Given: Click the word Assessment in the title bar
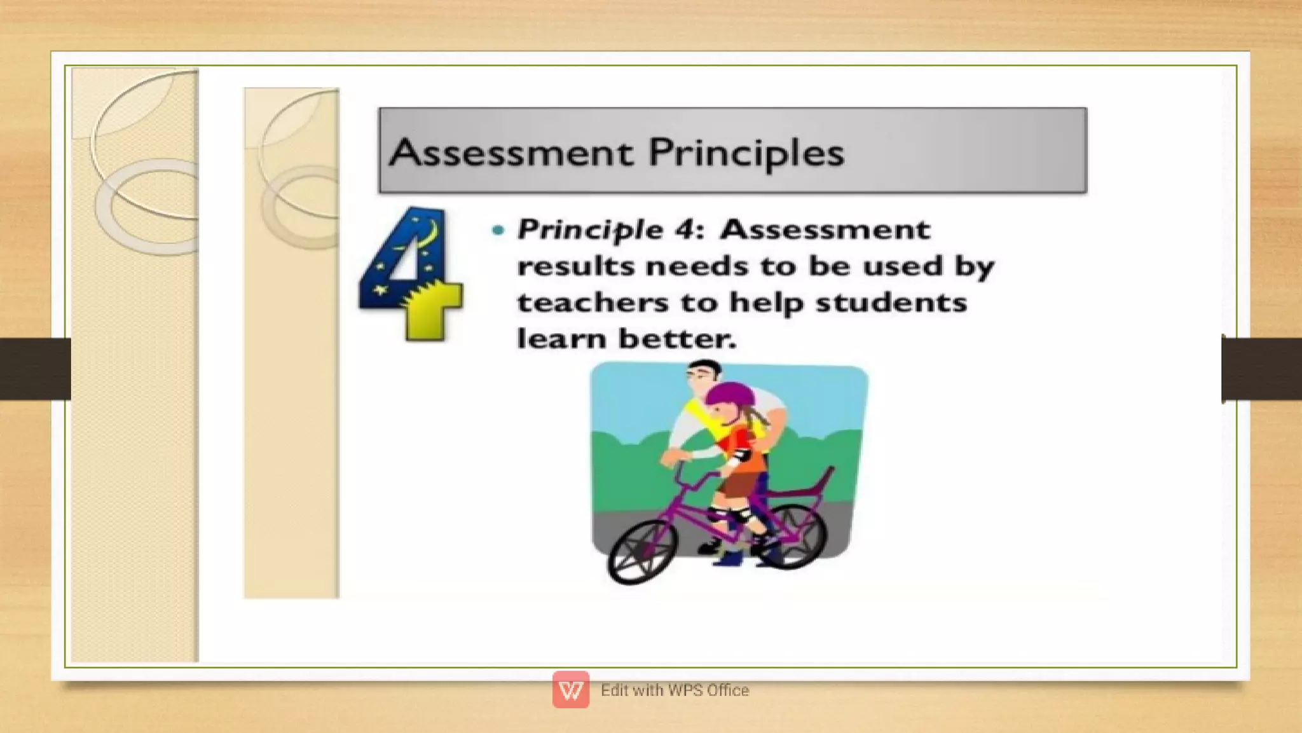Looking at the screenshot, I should [x=511, y=153].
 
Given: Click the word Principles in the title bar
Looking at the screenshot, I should [x=746, y=153].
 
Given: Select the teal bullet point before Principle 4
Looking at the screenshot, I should [x=498, y=230].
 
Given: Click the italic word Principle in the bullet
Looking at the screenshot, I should [x=590, y=229].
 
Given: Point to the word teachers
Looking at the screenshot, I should [x=593, y=303].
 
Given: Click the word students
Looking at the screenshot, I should [x=891, y=303].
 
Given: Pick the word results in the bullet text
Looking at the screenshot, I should [x=575, y=266].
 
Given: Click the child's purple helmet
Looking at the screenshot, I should [x=730, y=394].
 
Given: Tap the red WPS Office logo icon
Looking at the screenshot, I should [x=570, y=690].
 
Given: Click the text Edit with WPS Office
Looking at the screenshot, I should [x=675, y=690].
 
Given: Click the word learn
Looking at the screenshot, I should [x=561, y=338].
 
